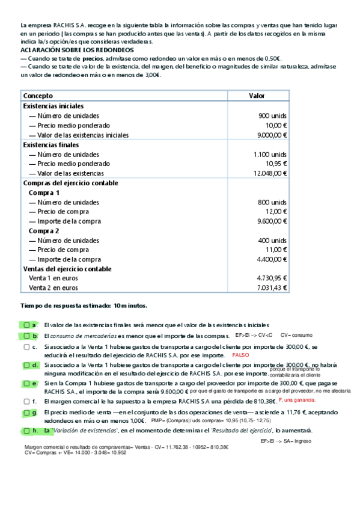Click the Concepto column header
38,96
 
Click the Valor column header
257,96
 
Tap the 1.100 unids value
270,155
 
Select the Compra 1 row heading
44,193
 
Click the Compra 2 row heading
44,231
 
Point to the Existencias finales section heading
50,145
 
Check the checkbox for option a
26,325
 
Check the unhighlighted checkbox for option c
26,347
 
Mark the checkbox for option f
26,401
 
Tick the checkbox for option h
26,431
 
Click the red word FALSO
240,355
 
